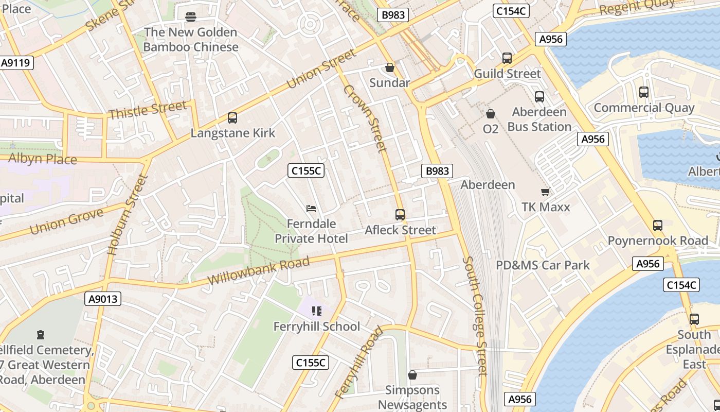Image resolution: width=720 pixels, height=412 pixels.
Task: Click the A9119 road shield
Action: pyautogui.click(x=17, y=63)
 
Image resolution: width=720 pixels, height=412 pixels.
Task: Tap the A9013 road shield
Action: pyautogui.click(x=102, y=299)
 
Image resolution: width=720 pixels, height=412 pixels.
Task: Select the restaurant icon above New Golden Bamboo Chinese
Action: pyautogui.click(x=191, y=17)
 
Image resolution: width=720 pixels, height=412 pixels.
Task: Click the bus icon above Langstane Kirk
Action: pyautogui.click(x=232, y=118)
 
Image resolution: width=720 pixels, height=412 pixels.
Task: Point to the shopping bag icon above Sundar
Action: pyautogui.click(x=390, y=67)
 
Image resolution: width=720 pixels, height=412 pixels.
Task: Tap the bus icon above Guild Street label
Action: pyautogui.click(x=507, y=58)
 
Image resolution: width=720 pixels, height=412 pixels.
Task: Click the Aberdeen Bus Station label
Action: pyautogui.click(x=539, y=119)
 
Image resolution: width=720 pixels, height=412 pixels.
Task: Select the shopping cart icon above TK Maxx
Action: pyautogui.click(x=546, y=192)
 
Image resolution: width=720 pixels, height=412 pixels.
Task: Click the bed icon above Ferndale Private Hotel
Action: pyautogui.click(x=311, y=209)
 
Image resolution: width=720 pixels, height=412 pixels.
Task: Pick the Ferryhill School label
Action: pyautogui.click(x=316, y=327)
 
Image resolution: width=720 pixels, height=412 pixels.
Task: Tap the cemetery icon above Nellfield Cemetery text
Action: pyautogui.click(x=41, y=335)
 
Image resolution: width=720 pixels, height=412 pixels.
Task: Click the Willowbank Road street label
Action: pyautogui.click(x=259, y=271)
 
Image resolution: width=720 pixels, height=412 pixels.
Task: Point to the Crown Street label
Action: pyautogui.click(x=365, y=118)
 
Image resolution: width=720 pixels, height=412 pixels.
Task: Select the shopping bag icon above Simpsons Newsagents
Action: pyautogui.click(x=412, y=375)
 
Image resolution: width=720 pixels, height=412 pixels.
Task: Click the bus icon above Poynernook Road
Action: pyautogui.click(x=658, y=226)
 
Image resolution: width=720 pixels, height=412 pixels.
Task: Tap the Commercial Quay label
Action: pyautogui.click(x=644, y=108)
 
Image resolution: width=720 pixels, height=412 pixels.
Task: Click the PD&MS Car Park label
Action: pyautogui.click(x=543, y=265)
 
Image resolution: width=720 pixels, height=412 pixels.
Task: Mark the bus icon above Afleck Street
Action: pyautogui.click(x=400, y=215)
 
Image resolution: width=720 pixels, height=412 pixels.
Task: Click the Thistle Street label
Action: pyautogui.click(x=147, y=110)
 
